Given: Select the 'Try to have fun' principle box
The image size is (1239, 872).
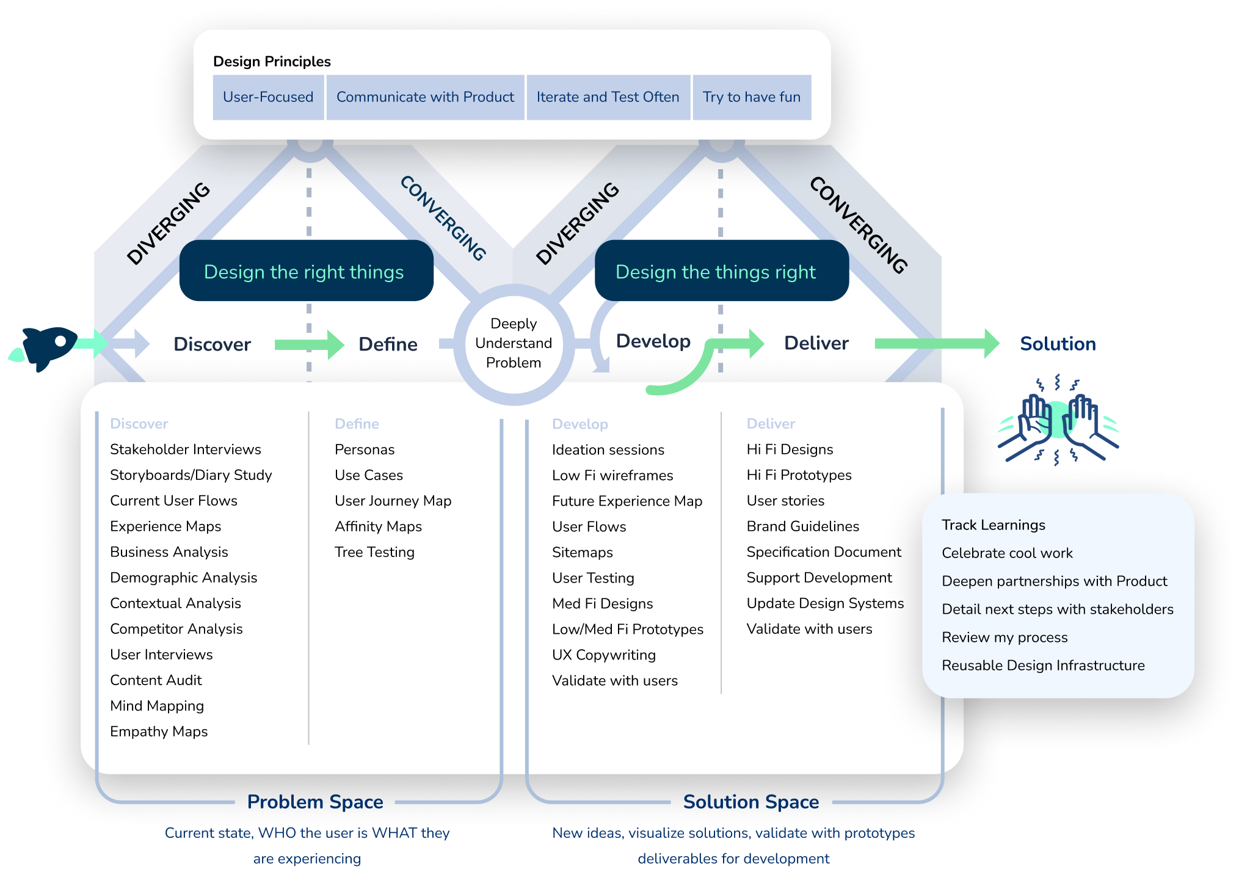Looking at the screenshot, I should point(751,97).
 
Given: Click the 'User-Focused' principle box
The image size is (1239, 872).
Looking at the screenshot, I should point(268,97).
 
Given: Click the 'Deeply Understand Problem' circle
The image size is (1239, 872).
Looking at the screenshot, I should point(514,343).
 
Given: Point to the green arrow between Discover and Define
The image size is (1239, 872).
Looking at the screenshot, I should point(309,344).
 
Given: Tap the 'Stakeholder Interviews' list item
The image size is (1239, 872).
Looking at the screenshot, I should point(185,449).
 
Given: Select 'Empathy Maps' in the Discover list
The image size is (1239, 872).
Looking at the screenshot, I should point(159,732).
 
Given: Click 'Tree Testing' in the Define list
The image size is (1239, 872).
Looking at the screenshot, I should point(374,552).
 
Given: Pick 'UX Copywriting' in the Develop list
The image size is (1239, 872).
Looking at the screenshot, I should point(603,655).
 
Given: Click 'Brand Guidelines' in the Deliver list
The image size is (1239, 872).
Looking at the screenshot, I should point(802,526).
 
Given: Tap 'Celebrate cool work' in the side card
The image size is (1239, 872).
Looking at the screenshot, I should point(1007,553).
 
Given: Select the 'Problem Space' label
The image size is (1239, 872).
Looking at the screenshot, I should point(315,802).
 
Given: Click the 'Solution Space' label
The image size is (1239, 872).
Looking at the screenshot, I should point(750,802).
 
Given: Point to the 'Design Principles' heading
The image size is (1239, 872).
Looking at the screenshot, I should point(272,62).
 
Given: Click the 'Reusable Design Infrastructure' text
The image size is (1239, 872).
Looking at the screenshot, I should point(1043,666).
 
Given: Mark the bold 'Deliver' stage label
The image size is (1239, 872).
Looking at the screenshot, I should point(816,343).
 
